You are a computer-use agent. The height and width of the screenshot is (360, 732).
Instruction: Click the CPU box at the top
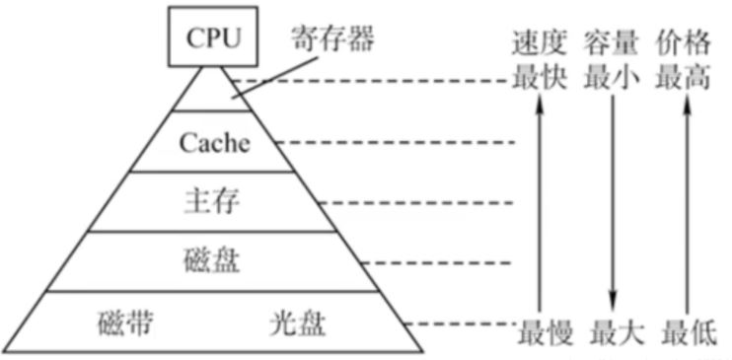(213, 38)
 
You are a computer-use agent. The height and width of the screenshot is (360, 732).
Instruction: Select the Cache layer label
(214, 143)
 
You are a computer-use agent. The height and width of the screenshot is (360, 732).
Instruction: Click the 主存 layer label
(213, 202)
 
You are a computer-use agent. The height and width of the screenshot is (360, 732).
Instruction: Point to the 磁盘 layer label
(212, 262)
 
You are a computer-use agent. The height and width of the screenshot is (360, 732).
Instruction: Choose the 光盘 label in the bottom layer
(298, 324)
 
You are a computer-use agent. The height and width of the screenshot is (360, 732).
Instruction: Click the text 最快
(540, 79)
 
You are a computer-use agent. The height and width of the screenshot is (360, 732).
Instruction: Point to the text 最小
(612, 79)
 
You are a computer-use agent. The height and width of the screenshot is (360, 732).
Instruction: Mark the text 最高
(683, 79)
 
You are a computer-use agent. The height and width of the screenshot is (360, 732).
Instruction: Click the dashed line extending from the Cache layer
(395, 144)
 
